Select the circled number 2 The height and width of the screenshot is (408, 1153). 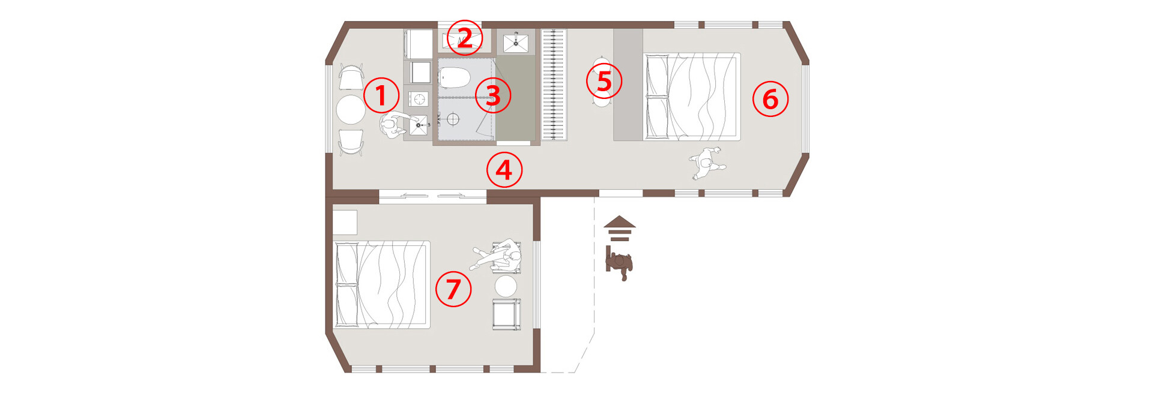[465, 37]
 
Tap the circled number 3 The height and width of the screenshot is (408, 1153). [493, 95]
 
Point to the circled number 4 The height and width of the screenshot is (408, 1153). [504, 170]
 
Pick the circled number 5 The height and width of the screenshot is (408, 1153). [604, 81]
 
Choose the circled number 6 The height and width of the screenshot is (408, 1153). [770, 99]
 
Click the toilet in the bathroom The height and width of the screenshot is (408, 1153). [454, 77]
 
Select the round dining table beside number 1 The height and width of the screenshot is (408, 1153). [351, 110]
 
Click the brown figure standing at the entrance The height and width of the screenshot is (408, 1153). [619, 263]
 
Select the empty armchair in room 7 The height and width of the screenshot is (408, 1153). [506, 314]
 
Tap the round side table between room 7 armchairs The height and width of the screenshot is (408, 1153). [506, 286]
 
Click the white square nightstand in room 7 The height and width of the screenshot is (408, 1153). [345, 222]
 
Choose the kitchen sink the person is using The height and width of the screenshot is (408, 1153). [419, 125]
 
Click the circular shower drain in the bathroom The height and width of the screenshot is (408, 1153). [453, 119]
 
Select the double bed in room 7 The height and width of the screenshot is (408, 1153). [382, 284]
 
